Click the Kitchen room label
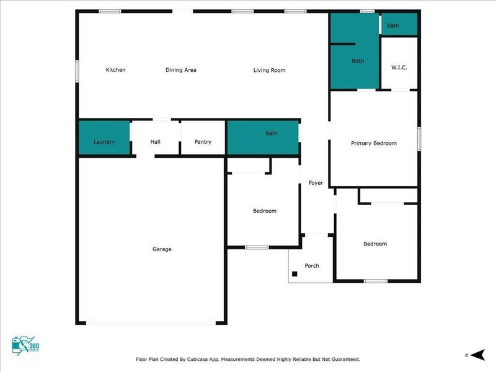tap(115, 70)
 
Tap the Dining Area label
tap(181, 70)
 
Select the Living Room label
tap(269, 70)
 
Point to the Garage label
tap(162, 249)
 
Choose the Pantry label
tap(203, 142)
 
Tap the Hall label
tap(156, 142)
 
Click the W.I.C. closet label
tap(399, 67)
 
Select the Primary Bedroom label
tap(374, 143)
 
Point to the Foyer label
tap(316, 183)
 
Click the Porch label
tap(312, 266)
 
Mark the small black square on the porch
tap(294, 273)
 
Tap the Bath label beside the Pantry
tap(272, 133)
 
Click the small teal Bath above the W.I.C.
tap(393, 25)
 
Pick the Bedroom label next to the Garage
tap(265, 211)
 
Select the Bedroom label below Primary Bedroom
tap(375, 244)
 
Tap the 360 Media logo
tap(25, 345)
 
